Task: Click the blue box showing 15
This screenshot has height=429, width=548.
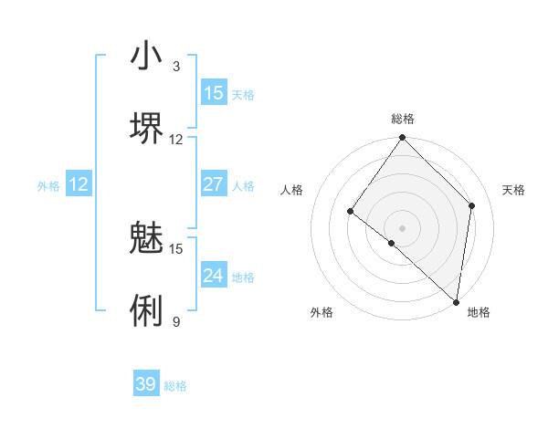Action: (x=214, y=93)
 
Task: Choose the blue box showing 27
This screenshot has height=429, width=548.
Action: (x=214, y=184)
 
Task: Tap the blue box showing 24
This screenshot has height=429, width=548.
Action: (x=214, y=276)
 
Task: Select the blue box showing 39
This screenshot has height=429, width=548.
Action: (x=146, y=384)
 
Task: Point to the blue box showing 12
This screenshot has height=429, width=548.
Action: (x=79, y=184)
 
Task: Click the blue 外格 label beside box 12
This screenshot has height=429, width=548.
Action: (x=48, y=186)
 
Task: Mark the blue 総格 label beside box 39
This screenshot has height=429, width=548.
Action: (x=175, y=386)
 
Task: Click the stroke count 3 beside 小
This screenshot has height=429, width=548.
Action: (x=176, y=67)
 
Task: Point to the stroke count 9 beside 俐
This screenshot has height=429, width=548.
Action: (x=176, y=321)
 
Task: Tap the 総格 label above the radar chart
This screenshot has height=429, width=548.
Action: (x=402, y=120)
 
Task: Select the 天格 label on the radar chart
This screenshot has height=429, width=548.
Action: (x=513, y=190)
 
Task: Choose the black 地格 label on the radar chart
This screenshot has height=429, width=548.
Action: (x=479, y=312)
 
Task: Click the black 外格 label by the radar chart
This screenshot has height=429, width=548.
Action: (x=321, y=312)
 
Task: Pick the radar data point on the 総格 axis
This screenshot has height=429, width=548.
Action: (x=402, y=138)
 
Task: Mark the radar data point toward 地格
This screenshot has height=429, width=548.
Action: (x=456, y=301)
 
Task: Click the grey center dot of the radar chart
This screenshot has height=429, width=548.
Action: (x=402, y=227)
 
